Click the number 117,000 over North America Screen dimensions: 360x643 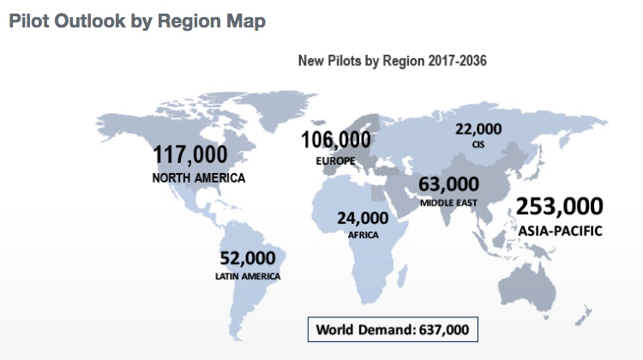coord(190,154)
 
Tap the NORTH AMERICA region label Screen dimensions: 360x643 coord(199,177)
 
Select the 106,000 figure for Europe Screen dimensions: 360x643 coord(335,140)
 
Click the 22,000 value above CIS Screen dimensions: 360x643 coord(478,129)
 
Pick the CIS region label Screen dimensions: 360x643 coord(478,145)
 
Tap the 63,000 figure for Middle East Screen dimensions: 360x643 coord(448,184)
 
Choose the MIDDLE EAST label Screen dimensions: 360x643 coord(448,203)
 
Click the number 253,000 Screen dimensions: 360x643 coord(561,207)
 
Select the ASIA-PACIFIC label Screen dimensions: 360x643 coord(560,231)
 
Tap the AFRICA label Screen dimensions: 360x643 coord(364,233)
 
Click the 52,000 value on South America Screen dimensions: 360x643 coord(248,258)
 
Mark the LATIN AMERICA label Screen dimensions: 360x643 coord(248,276)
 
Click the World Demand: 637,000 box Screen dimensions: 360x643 coord(392,330)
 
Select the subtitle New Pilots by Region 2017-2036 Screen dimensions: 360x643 coord(392,61)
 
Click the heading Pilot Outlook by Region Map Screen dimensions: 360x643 coord(137,21)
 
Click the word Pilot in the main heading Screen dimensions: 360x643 coord(31,21)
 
